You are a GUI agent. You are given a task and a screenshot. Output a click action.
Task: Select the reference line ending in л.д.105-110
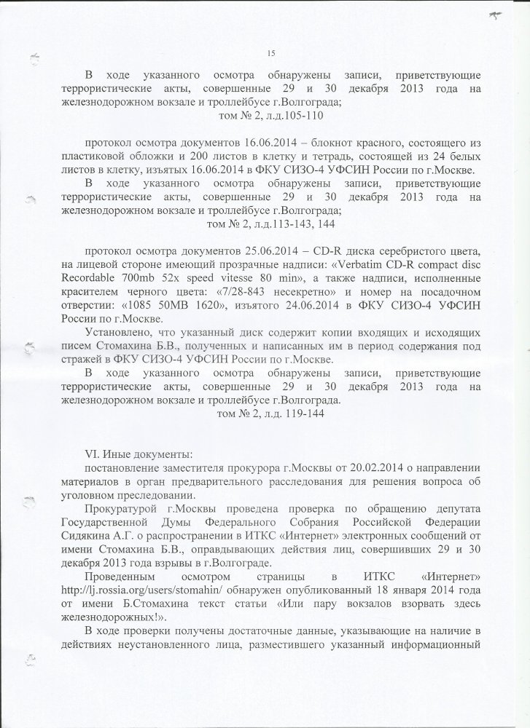pyautogui.click(x=270, y=116)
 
